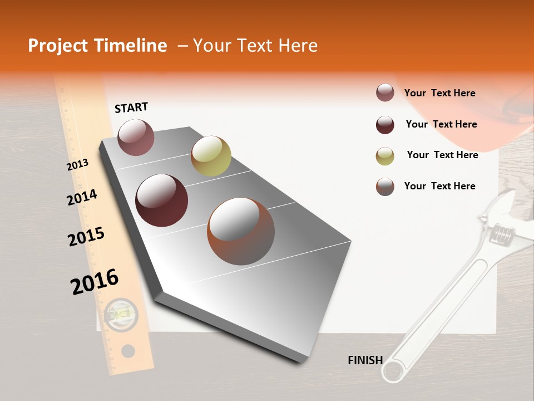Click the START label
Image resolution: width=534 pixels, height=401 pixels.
131,107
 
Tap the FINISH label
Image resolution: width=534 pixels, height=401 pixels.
365,360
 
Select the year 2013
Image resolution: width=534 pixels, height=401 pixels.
77,165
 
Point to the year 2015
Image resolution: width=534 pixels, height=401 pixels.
86,237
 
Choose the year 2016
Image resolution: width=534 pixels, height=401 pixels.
95,282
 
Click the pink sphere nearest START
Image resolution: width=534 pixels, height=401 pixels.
136,137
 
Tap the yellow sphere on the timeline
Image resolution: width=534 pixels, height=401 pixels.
211,156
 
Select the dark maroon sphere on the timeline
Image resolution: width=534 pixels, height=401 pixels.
161,200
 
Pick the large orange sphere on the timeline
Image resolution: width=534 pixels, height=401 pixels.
241,231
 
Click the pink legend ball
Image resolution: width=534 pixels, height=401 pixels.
385,92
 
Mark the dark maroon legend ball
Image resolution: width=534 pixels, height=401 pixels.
385,125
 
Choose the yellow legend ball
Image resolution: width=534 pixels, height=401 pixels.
385,156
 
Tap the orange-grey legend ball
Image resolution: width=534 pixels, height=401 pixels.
385,187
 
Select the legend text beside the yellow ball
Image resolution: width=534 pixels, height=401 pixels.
442,155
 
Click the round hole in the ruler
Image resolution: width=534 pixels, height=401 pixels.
128,351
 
